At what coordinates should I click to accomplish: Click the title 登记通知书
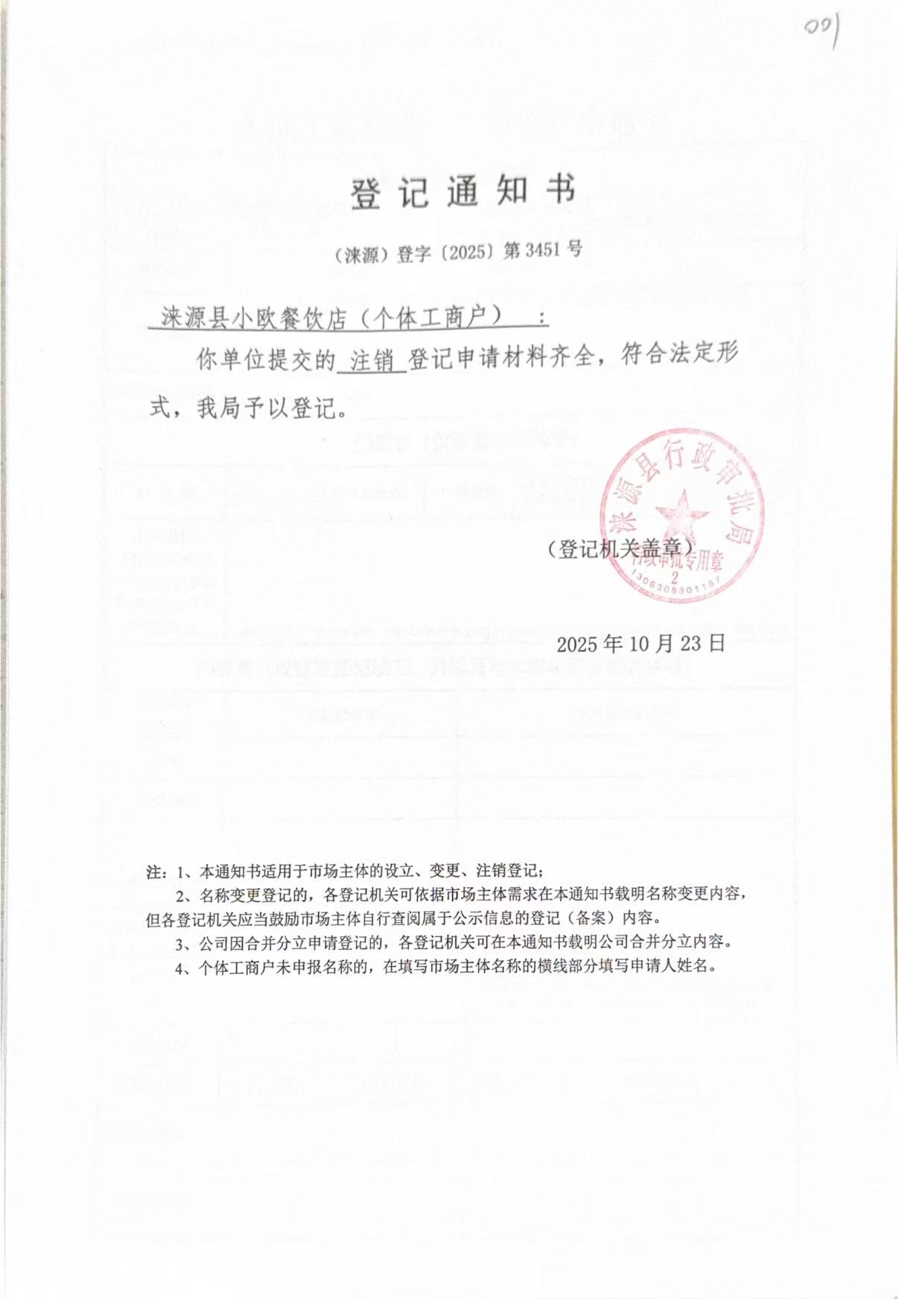(x=463, y=192)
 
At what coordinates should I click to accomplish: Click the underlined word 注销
(x=372, y=361)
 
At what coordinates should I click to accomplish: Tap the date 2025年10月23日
(x=640, y=643)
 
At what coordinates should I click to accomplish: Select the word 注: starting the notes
(x=157, y=871)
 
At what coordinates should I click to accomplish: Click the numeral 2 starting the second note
(x=180, y=895)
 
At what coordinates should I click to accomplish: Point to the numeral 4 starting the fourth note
(x=180, y=968)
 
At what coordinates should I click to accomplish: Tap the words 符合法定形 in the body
(x=679, y=355)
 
